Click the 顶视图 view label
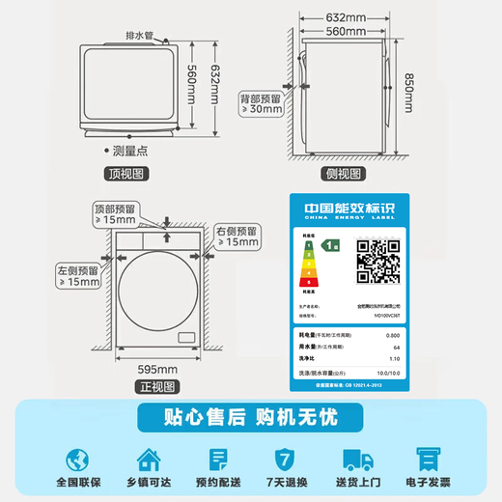[x=125, y=174]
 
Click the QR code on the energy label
[x=378, y=258]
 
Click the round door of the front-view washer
[x=157, y=289]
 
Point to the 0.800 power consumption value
[x=392, y=334]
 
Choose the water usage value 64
[x=395, y=346]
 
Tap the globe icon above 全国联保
[x=74, y=458]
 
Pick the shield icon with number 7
[x=284, y=458]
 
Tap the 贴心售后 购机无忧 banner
[x=250, y=418]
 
